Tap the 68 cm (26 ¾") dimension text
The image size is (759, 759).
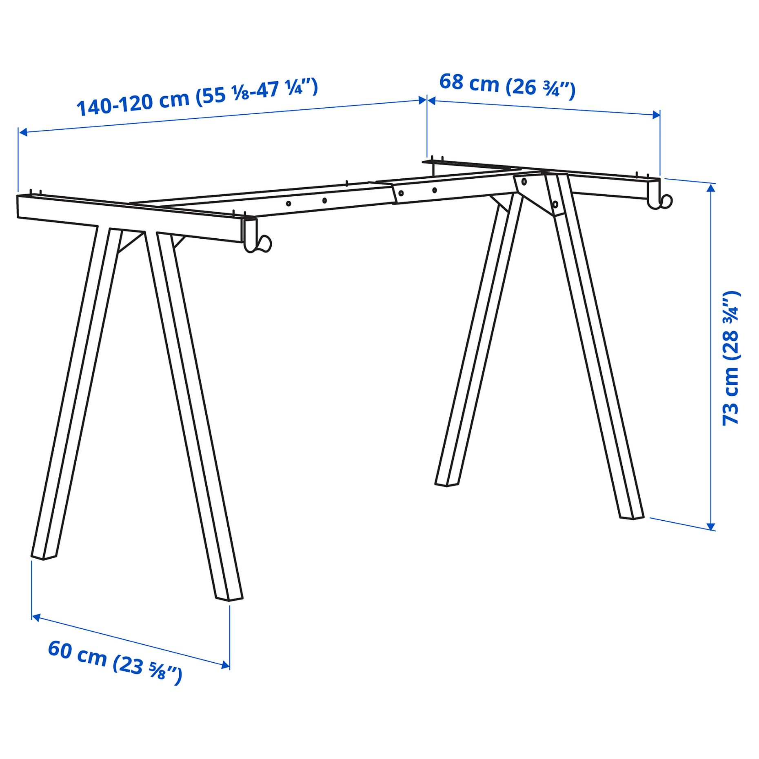click(x=507, y=86)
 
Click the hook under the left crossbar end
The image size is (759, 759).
click(x=258, y=244)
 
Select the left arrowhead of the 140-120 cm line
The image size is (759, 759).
click(x=23, y=132)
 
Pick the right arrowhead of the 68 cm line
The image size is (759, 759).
click(x=656, y=115)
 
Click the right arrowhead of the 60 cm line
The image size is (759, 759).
click(x=225, y=666)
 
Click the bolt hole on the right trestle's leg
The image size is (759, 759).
click(x=555, y=204)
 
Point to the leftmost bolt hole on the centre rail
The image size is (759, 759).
click(x=289, y=203)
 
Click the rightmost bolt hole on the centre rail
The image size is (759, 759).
click(x=434, y=190)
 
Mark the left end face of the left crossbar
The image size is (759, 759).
click(x=18, y=206)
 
